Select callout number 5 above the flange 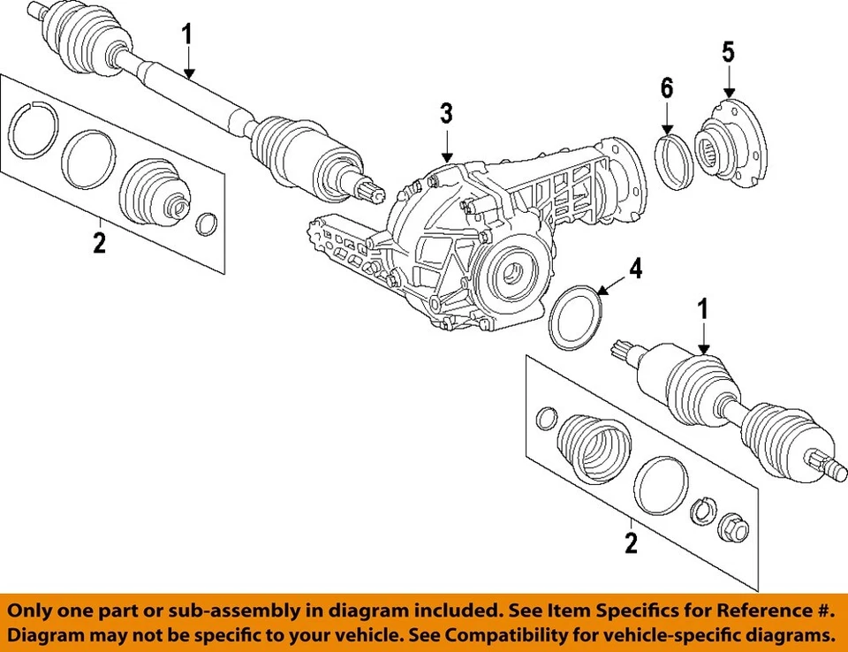click(x=728, y=51)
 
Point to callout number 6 click(x=667, y=87)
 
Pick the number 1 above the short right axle click(x=703, y=309)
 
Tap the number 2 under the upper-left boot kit click(x=99, y=242)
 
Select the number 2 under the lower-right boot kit click(x=630, y=542)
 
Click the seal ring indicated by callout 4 click(x=576, y=319)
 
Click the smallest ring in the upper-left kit click(x=206, y=224)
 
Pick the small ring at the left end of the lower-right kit click(x=547, y=416)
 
